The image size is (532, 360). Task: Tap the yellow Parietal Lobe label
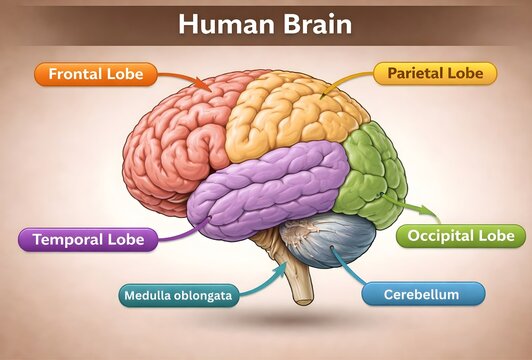pos(435,73)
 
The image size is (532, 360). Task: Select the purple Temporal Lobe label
pos(88,240)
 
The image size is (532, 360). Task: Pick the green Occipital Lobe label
pos(461,236)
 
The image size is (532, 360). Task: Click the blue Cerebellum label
pos(421,294)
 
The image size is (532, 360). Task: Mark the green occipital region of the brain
pos(370,170)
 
